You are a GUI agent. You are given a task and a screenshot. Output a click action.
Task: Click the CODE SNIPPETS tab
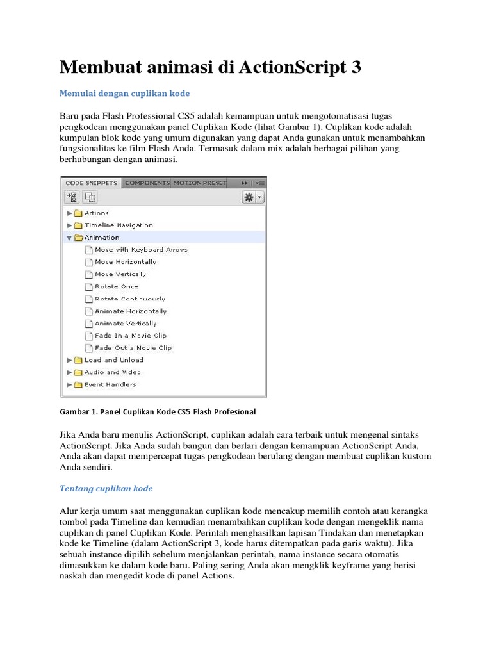click(x=92, y=183)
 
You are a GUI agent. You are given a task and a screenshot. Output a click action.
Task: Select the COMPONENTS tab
click(x=147, y=183)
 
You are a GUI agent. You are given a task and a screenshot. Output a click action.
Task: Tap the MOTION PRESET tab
click(x=199, y=183)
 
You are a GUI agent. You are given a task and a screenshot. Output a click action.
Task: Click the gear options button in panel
click(x=248, y=197)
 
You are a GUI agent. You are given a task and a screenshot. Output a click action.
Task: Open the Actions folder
click(x=96, y=213)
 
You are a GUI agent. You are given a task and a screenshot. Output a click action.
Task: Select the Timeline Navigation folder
click(x=119, y=225)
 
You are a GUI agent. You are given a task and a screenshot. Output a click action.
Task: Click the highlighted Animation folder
click(x=101, y=238)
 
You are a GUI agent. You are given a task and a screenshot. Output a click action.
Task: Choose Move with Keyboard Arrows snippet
click(x=141, y=250)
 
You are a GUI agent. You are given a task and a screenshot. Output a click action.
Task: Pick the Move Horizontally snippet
click(x=125, y=262)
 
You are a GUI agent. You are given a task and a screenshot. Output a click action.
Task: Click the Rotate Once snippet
click(x=116, y=286)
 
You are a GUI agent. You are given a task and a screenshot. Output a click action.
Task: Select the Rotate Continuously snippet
click(x=129, y=299)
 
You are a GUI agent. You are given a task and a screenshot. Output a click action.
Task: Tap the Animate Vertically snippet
click(x=126, y=324)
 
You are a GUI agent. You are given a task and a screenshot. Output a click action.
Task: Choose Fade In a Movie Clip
click(x=130, y=336)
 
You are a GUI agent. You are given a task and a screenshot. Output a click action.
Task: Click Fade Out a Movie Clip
click(x=133, y=348)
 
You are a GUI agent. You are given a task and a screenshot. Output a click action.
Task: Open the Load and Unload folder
click(x=113, y=360)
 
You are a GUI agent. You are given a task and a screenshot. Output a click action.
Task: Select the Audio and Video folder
click(x=112, y=372)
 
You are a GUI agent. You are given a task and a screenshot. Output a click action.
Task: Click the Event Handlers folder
click(x=110, y=384)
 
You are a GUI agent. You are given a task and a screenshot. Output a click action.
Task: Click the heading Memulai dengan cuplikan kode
click(x=124, y=94)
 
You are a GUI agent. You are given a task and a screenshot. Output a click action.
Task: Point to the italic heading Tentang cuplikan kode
click(x=106, y=488)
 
